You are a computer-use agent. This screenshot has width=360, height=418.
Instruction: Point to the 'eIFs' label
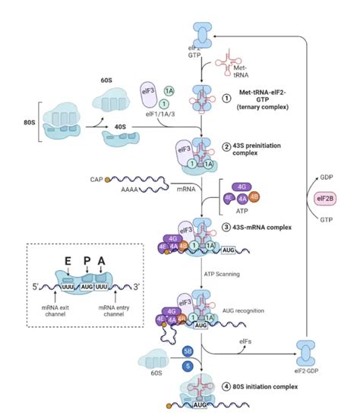pyautogui.click(x=248, y=342)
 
